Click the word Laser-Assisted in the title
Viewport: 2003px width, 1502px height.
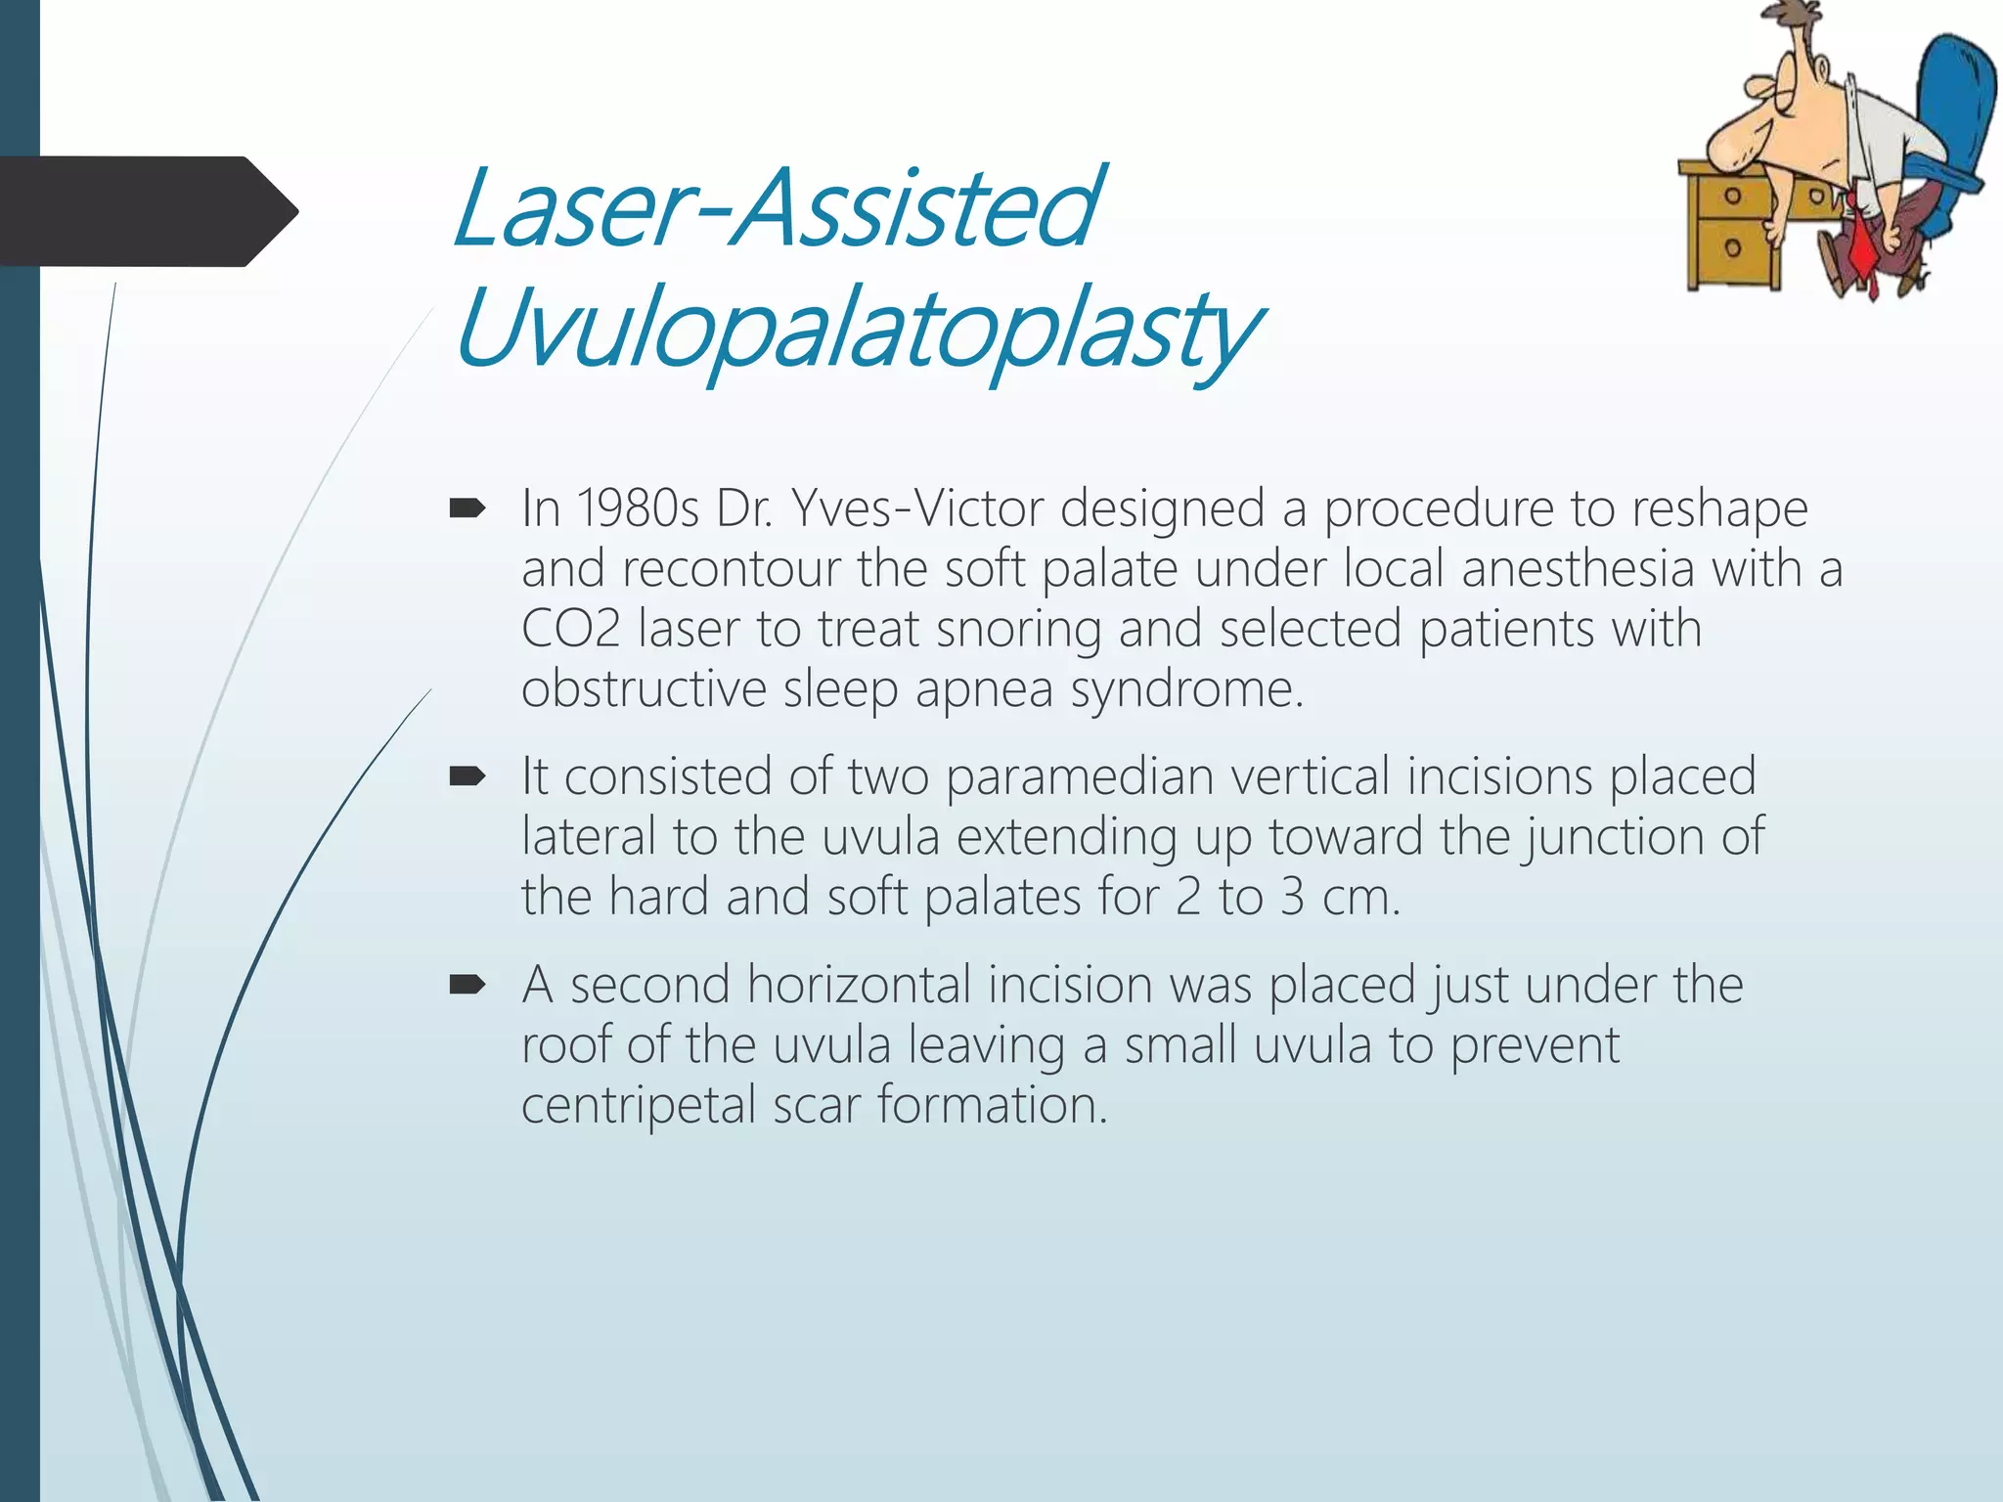click(778, 207)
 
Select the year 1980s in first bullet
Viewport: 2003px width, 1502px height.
click(638, 508)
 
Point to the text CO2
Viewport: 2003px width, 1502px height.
click(570, 629)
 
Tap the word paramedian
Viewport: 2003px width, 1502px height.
click(1080, 776)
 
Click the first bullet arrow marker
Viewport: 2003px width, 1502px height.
click(467, 508)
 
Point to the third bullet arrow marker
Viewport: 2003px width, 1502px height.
click(467, 985)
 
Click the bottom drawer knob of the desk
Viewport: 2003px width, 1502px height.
click(1732, 247)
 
